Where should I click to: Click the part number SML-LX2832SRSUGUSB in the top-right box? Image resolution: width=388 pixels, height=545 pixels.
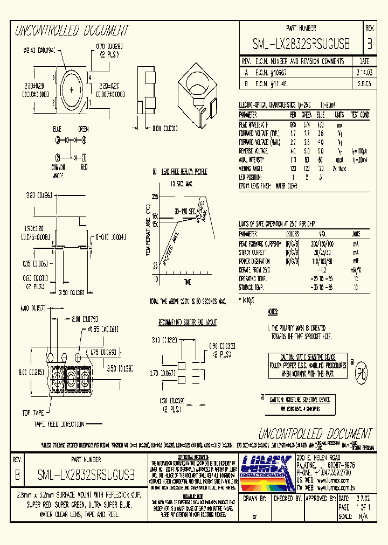pos(301,44)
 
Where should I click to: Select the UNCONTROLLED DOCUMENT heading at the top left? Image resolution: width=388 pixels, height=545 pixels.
pos(71,30)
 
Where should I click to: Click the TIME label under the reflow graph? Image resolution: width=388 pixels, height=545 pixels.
pos(186,282)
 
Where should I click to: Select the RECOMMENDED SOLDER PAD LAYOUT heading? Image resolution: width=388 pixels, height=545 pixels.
pos(188,322)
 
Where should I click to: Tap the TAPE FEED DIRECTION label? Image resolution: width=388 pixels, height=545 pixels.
pos(59,424)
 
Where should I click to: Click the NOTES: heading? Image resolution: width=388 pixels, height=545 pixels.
pos(274,312)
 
